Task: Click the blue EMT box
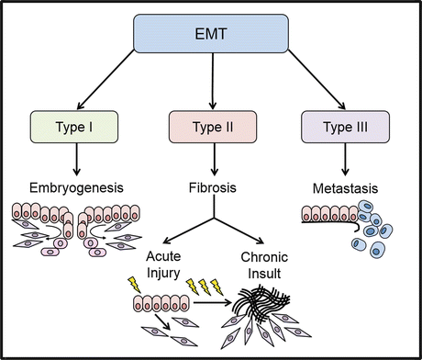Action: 212,34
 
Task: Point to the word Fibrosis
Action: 213,190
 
